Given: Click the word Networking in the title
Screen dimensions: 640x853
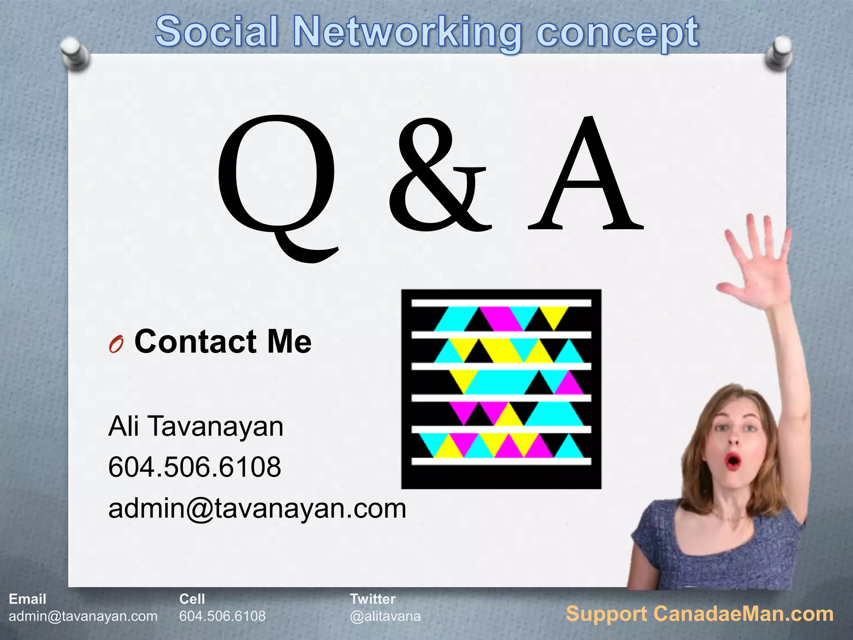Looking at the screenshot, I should point(407,32).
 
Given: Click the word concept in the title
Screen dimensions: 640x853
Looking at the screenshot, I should point(617,32).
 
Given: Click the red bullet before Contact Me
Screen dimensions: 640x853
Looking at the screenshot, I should point(116,345).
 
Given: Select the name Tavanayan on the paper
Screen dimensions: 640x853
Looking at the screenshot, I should point(215,427).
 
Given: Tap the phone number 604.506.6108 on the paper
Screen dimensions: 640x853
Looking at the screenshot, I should point(195,467).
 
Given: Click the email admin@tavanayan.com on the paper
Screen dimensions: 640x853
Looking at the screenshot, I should point(257,508).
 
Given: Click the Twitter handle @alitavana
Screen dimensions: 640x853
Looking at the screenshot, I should point(385,616).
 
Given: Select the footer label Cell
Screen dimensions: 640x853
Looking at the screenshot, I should point(192,599).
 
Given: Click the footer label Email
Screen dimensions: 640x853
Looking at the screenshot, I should point(27,599).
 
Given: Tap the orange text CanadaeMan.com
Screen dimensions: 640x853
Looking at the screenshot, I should point(743,614).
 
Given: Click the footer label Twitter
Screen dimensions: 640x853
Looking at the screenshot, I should point(373,599).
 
